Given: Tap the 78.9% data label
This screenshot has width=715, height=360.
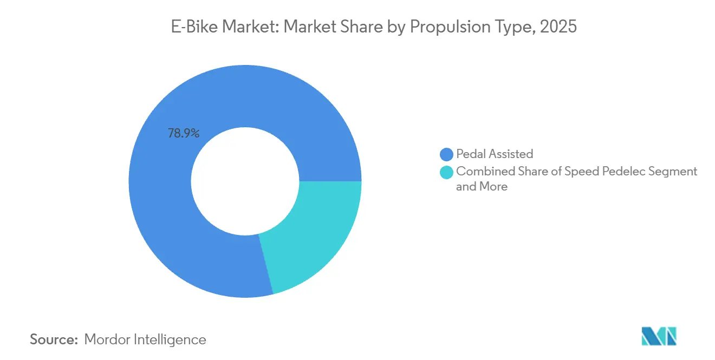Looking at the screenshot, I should [183, 133].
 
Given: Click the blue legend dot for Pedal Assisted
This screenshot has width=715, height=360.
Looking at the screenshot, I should [446, 154].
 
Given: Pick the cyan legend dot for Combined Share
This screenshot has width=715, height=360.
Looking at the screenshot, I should [446, 172].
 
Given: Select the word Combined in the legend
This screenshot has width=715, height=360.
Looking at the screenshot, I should [480, 172].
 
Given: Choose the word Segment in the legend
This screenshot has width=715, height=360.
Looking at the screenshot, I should [674, 172].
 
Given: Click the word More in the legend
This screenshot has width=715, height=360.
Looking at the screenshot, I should [493, 187].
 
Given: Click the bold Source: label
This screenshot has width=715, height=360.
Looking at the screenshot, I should [54, 339].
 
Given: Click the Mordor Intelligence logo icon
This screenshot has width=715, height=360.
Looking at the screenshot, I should [659, 336].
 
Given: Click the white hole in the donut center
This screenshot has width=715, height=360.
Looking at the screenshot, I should [245, 181].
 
